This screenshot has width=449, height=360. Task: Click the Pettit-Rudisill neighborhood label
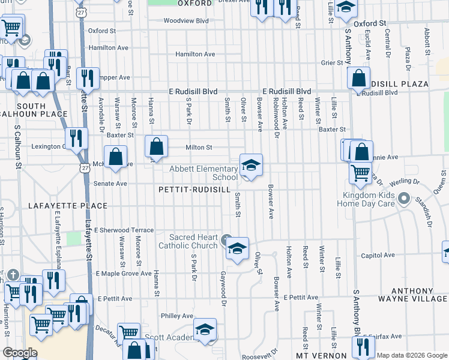194,189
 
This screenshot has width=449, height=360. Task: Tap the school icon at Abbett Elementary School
251,165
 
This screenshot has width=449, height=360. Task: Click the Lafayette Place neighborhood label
68,206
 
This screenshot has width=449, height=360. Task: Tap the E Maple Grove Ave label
124,274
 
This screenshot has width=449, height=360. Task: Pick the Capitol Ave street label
378,255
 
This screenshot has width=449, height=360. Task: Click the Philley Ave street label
176,316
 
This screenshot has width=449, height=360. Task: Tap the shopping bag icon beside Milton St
156,146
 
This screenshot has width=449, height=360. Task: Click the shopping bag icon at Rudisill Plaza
358,78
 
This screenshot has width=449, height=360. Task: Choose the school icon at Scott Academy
204,329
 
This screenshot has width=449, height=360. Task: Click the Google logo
20,353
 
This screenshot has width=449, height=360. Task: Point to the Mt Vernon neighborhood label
319,356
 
